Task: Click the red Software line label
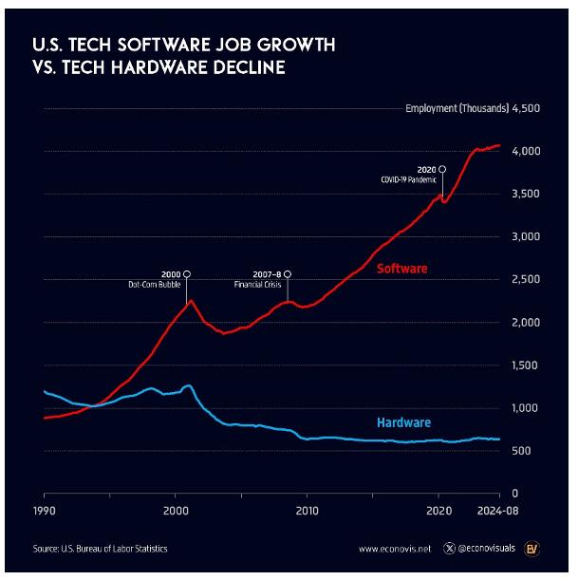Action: click(402, 269)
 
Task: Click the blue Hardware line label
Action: click(402, 422)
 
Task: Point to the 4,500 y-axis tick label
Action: click(526, 108)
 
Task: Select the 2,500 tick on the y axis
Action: click(526, 280)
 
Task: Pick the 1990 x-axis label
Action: click(44, 510)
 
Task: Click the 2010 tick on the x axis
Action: click(307, 510)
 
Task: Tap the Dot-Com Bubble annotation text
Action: click(154, 284)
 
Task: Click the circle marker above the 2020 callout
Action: click(442, 168)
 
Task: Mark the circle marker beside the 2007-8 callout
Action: click(288, 273)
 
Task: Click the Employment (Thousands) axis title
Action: click(456, 108)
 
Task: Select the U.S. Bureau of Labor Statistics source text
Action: click(105, 549)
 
